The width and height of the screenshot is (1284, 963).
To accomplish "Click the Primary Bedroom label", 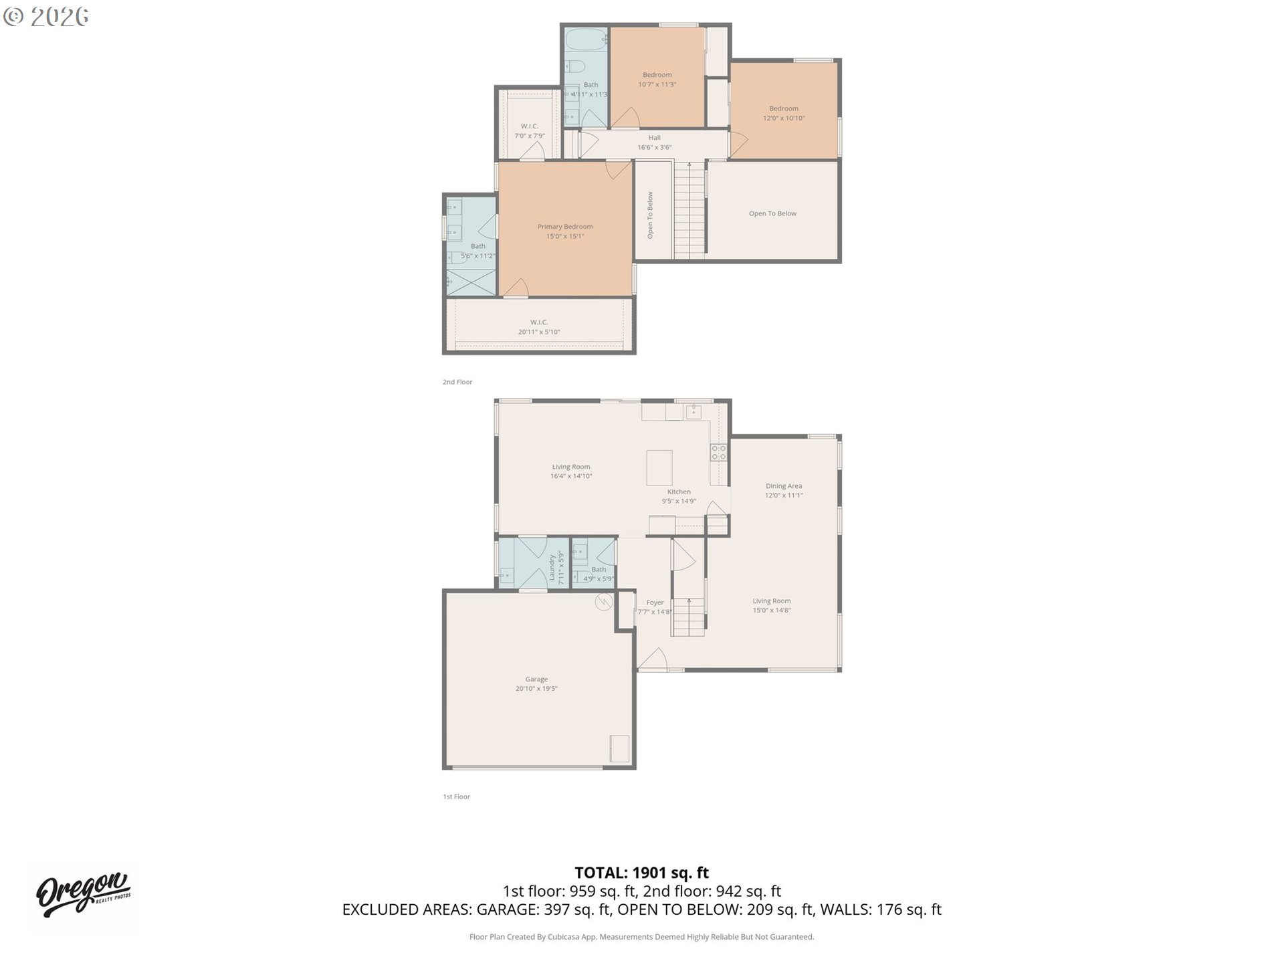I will pos(565,227).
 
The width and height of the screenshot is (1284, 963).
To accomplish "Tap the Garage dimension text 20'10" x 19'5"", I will pos(536,689).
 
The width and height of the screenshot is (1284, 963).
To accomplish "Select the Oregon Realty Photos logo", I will pos(84,895).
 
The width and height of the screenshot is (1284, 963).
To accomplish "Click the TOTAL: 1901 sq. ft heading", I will pos(641,873).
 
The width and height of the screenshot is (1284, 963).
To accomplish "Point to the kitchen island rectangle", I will pos(659,468).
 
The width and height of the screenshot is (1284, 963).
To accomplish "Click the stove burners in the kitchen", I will pos(718,453).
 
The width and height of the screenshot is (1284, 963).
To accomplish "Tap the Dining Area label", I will pos(784,486).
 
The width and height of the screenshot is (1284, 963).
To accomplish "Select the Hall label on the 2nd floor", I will pos(654,138).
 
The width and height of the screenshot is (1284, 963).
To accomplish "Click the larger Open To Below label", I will pos(772,214).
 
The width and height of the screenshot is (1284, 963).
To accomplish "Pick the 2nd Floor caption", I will pos(457,382).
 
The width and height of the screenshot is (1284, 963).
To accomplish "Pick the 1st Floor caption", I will pos(457,796).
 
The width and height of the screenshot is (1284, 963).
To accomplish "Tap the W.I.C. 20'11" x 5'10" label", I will pos(539,327).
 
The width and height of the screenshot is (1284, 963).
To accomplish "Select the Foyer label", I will pos(655,603).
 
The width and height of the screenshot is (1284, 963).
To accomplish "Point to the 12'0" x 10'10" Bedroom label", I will pos(784,113).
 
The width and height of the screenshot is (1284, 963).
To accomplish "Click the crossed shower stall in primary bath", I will pos(471,280).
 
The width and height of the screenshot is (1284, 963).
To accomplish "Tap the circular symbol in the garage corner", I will pos(604,602).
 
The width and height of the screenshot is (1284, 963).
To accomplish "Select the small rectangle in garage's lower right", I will pos(619,748).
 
